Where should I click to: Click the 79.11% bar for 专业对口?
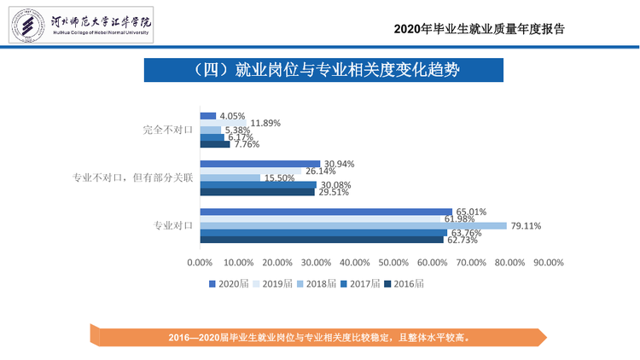(x=353, y=226)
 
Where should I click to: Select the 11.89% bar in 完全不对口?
(x=224, y=123)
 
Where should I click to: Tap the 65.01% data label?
(x=471, y=212)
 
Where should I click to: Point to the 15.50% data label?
(x=280, y=178)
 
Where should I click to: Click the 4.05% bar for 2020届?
(x=208, y=116)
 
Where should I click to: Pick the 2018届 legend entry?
(x=317, y=284)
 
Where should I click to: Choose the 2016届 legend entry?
(x=404, y=284)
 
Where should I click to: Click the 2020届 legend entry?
(x=229, y=284)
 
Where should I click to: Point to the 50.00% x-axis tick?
(x=393, y=263)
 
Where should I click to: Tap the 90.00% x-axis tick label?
(x=549, y=263)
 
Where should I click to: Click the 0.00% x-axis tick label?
(x=200, y=263)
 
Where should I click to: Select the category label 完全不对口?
(x=168, y=130)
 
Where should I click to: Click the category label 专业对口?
(x=173, y=225)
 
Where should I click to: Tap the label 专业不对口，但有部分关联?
(x=132, y=177)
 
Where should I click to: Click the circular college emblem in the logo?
(x=28, y=26)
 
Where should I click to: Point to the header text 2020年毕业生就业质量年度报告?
(x=480, y=29)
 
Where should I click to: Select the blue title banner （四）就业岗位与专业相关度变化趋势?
(x=323, y=70)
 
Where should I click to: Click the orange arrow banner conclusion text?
(x=319, y=338)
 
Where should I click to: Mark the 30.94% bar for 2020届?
(x=260, y=164)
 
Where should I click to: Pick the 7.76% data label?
(x=247, y=144)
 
